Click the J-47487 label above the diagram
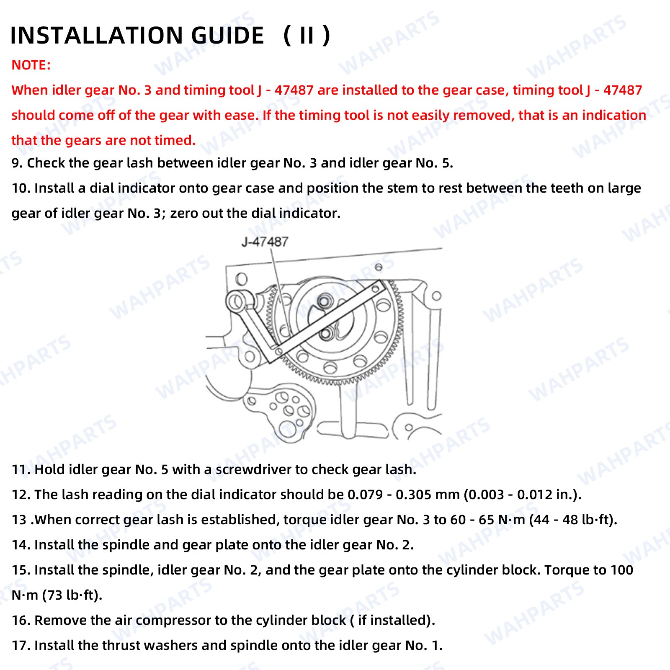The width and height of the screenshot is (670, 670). (x=265, y=242)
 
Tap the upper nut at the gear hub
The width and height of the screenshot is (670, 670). (x=324, y=301)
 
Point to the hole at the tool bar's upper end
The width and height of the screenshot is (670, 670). (x=375, y=289)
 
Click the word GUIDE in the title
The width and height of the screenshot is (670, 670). (x=228, y=35)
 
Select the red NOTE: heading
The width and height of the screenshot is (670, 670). (x=31, y=65)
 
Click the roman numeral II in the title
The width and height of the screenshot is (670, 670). (x=307, y=35)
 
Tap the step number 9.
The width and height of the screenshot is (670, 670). (x=17, y=163)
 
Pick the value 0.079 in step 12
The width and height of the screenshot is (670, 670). (x=365, y=495)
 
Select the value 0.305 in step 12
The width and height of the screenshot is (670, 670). (x=413, y=495)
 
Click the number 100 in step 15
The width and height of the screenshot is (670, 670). (x=622, y=570)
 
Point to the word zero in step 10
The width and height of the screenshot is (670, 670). (x=184, y=213)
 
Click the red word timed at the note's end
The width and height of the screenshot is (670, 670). (x=175, y=140)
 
